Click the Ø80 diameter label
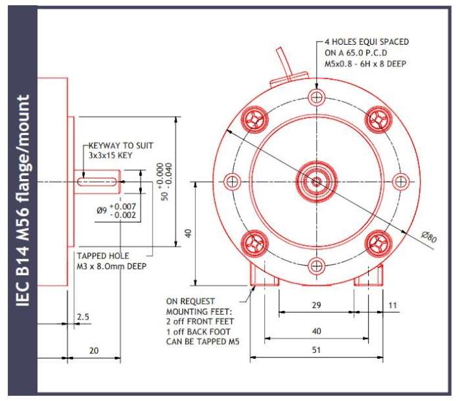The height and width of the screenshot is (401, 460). point(430,236)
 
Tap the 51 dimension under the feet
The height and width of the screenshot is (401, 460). point(316,350)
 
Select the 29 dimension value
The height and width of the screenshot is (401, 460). point(316,305)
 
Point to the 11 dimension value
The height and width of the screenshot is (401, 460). point(392,306)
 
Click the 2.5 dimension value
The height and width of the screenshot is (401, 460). point(83,317)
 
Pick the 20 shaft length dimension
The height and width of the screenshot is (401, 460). point(94,350)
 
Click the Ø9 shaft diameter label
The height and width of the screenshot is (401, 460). point(101,211)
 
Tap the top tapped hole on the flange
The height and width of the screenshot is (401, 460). point(317,97)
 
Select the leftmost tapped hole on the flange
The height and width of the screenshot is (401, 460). point(232,181)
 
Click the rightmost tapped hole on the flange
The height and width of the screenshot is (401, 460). point(401,181)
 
